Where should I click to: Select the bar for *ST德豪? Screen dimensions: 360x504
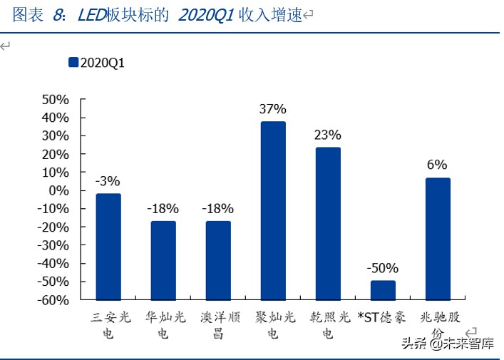383,290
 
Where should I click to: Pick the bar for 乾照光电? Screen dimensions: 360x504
328,223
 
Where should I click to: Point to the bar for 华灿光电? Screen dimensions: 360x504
163,260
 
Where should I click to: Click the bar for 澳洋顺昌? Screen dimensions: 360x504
218,260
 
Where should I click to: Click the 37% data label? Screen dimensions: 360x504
273,109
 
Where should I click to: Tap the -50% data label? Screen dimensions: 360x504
383,269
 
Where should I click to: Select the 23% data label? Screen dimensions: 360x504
328,135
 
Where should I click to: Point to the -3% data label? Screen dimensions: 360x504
108,181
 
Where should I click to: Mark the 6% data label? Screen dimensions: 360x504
438,165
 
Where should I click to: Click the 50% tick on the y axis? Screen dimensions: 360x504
54,99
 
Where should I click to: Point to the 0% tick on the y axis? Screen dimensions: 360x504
58,190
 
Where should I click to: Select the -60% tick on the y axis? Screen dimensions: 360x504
53,300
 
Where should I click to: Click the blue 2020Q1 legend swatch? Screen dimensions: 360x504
73,63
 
